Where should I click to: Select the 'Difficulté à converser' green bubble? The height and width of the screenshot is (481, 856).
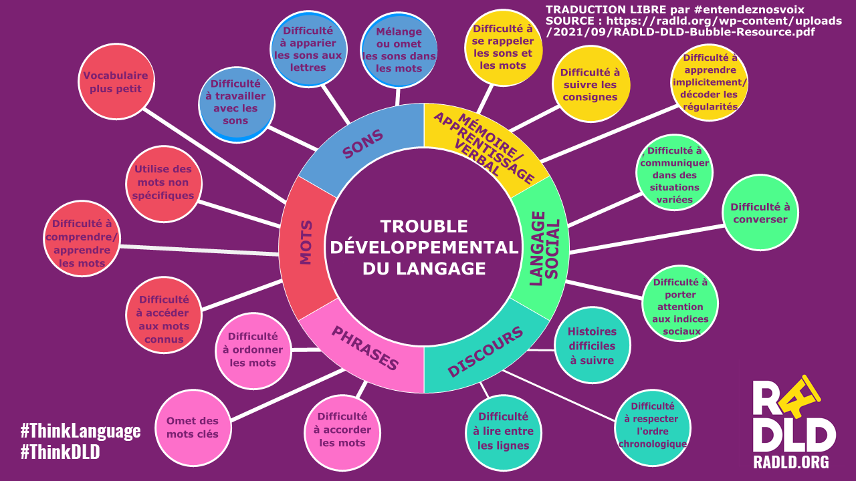(760, 212)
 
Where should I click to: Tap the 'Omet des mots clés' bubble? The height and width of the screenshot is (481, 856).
(193, 428)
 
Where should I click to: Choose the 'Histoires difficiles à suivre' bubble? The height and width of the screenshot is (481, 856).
(593, 345)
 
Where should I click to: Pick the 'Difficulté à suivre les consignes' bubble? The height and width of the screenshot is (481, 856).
(590, 84)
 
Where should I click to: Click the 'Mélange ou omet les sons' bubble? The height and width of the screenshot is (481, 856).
(399, 50)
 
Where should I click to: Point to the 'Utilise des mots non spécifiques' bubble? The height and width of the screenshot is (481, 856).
(163, 182)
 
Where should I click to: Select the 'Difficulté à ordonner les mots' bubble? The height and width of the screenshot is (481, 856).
(253, 350)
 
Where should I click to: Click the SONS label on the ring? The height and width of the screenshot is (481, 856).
(363, 144)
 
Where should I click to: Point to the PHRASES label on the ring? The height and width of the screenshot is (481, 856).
(365, 348)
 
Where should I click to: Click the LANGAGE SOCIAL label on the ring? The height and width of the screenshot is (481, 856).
(543, 249)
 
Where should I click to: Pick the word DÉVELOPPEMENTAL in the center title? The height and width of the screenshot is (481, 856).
(424, 247)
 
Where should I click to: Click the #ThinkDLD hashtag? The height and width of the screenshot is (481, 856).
(60, 452)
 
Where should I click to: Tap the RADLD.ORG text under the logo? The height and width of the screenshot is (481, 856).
(791, 462)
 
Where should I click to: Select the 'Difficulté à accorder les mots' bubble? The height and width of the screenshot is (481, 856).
(342, 430)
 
